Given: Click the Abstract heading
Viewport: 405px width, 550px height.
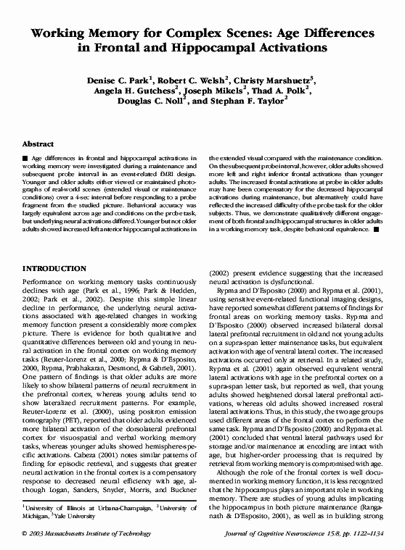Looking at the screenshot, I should (x=38, y=144).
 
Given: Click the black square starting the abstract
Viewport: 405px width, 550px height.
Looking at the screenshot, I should (x=26, y=157).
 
